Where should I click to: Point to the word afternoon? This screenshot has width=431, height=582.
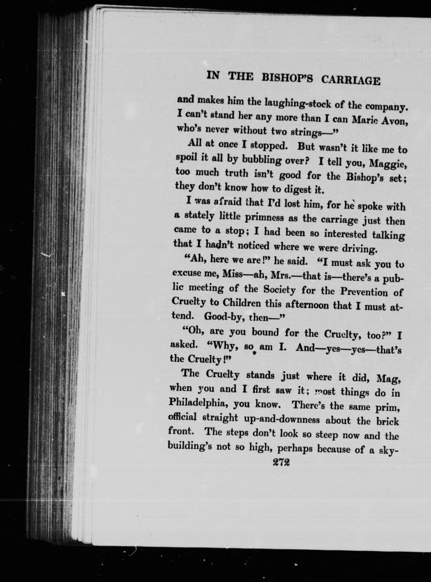pos(303,305)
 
